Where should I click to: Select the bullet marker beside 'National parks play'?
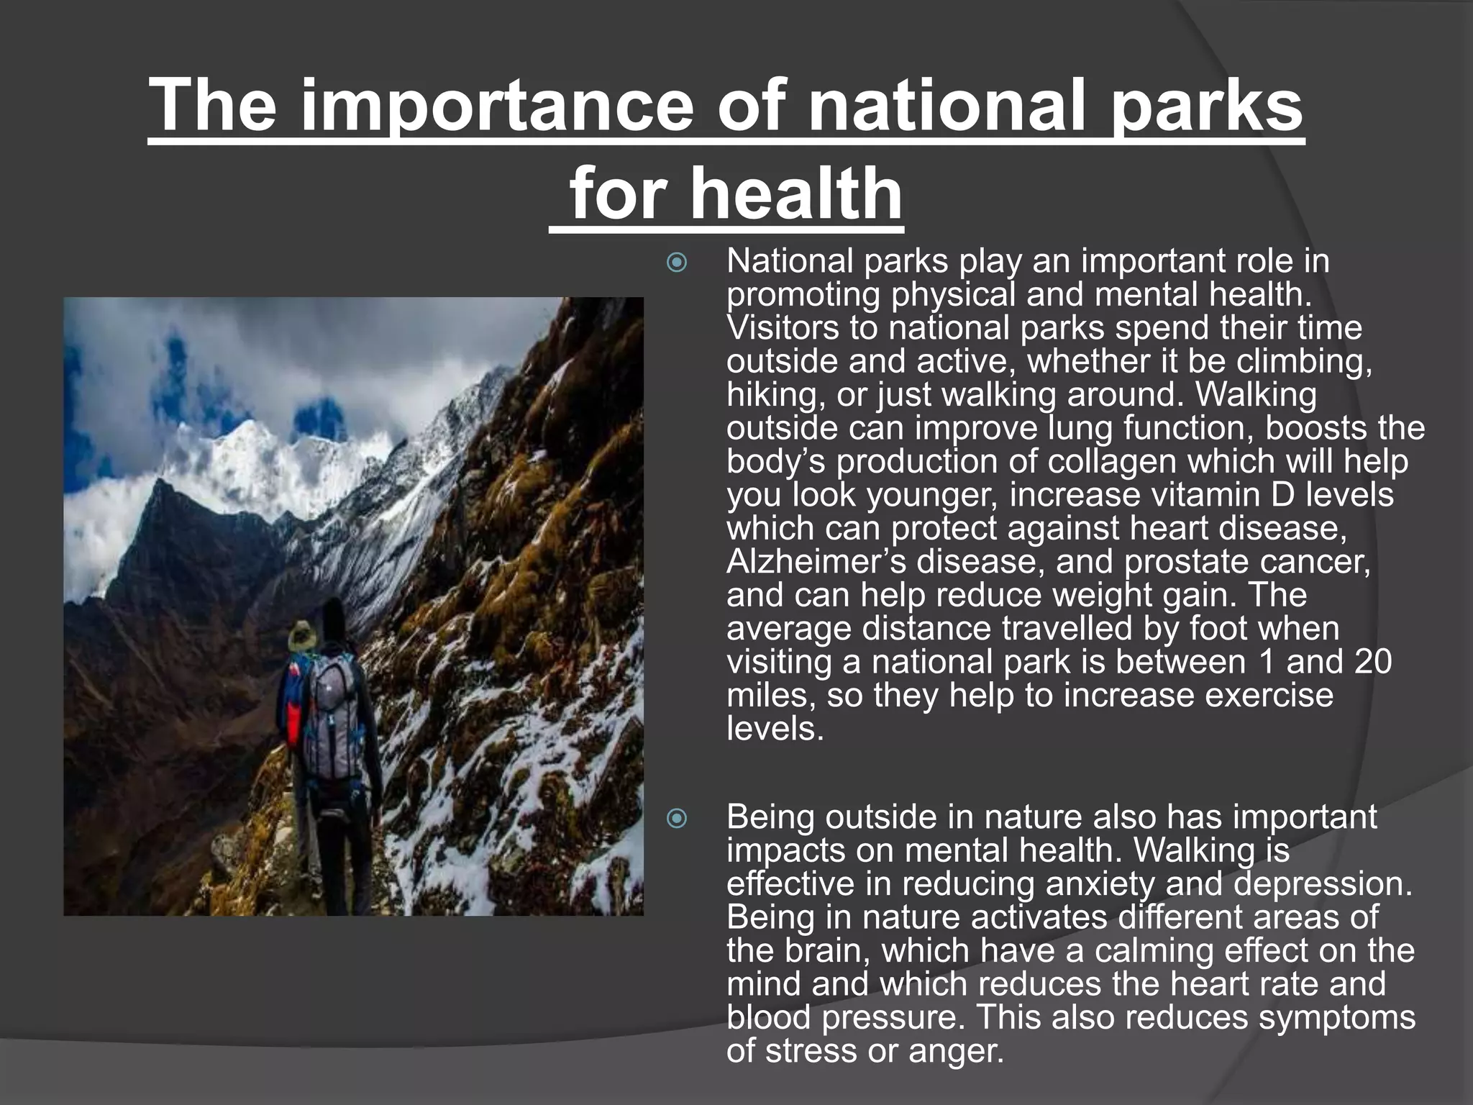677,263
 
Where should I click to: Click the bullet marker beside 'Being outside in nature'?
677,819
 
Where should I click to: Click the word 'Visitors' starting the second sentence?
783,329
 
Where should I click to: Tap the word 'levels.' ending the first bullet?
775,729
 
